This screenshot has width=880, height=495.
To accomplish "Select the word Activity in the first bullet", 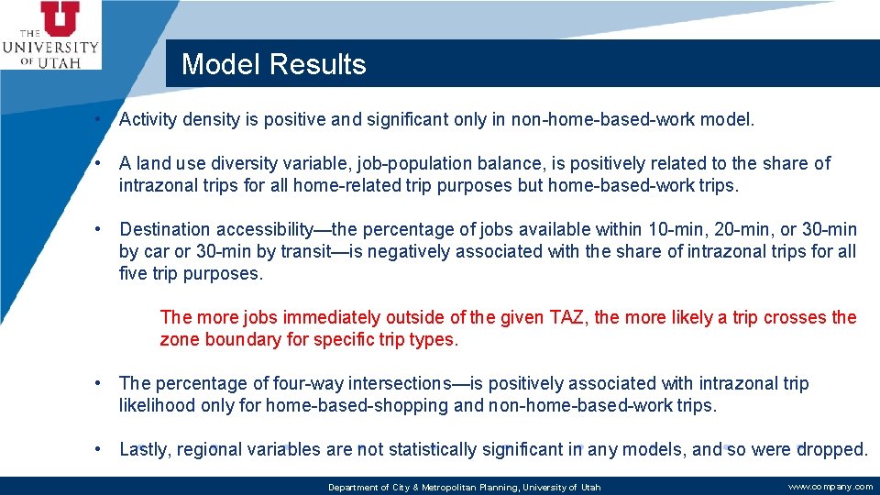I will point(149,119).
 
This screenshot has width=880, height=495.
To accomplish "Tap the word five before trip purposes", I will point(136,273).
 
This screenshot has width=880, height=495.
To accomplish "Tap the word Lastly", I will point(144,449).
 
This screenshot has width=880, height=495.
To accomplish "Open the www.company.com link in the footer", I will point(830,487).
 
